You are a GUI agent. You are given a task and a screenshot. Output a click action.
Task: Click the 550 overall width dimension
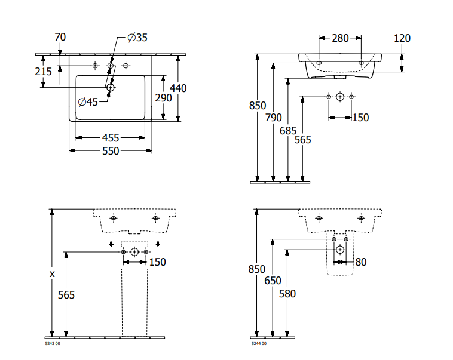pos(111,151)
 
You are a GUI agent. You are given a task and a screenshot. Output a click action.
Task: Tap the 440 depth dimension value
pos(178,88)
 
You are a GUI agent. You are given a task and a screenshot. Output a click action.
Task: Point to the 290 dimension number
pos(164,97)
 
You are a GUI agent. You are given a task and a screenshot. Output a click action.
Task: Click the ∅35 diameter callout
pos(137,38)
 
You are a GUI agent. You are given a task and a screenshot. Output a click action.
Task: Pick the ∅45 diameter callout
pos(88,101)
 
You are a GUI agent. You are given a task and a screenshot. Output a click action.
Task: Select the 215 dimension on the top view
pos(44,72)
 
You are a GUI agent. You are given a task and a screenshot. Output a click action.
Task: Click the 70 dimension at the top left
pos(60,37)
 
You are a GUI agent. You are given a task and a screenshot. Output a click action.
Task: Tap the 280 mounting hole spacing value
pos(339,38)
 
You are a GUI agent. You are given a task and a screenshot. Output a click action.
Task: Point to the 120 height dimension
pos(402,38)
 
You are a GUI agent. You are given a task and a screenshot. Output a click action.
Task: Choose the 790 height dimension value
pos(273,118)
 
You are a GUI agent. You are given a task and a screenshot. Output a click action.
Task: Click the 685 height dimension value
pos(288,131)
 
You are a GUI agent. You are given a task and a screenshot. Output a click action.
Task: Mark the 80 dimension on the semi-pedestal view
pos(360,261)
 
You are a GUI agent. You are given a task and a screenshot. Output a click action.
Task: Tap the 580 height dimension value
pos(287,294)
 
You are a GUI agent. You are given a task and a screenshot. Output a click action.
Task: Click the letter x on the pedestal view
pos(52,274)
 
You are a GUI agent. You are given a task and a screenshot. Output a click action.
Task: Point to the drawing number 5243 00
pos(53,344)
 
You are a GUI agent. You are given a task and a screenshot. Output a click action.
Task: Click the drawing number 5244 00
pos(258,344)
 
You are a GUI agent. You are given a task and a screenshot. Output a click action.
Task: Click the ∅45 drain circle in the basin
pos(110,88)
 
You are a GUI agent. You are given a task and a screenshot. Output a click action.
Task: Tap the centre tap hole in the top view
pos(110,65)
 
